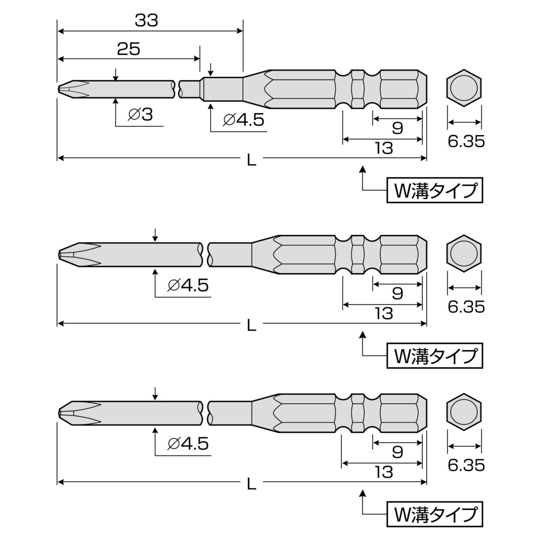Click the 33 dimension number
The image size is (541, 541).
(x=146, y=21)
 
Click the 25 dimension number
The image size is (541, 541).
(x=129, y=49)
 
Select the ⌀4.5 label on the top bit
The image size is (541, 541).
(x=243, y=120)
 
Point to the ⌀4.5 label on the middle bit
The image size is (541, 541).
(x=188, y=286)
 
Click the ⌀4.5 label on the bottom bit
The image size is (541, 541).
(x=188, y=444)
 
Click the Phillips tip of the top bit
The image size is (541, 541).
(x=73, y=89)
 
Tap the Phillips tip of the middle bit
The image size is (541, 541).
(x=79, y=254)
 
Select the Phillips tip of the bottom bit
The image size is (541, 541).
(x=79, y=413)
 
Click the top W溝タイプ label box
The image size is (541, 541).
(x=435, y=190)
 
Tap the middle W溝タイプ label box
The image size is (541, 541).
(x=435, y=356)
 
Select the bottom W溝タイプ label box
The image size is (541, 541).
(x=435, y=514)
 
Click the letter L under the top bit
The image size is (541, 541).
(x=251, y=160)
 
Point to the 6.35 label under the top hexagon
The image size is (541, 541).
(x=466, y=141)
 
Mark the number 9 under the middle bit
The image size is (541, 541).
(x=397, y=294)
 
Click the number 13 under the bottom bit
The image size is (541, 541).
(x=384, y=472)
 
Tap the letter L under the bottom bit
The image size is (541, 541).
(x=251, y=484)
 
